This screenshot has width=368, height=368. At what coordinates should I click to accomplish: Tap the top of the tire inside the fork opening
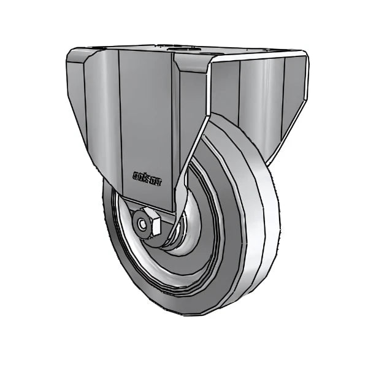point(224,123)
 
